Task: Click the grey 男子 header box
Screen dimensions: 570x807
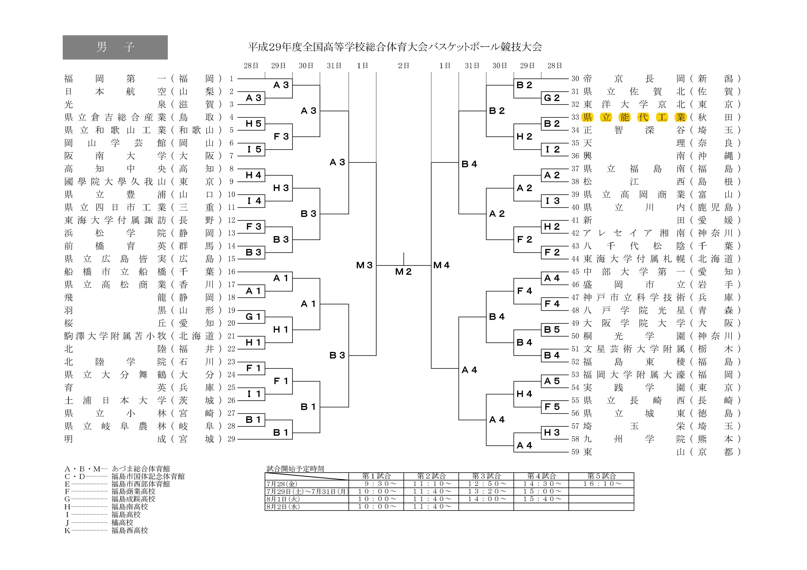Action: click(115, 47)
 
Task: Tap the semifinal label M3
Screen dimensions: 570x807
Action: click(364, 265)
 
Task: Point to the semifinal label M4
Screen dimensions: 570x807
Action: click(441, 265)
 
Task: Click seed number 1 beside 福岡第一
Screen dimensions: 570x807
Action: click(231, 79)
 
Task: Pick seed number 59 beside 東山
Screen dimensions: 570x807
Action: click(575, 452)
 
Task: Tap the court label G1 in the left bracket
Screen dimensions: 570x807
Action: click(253, 317)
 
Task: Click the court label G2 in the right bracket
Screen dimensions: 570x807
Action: click(552, 98)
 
